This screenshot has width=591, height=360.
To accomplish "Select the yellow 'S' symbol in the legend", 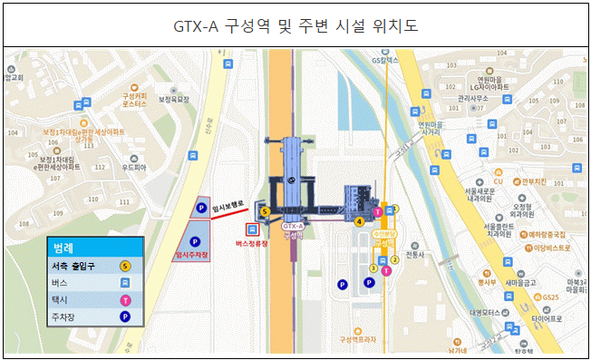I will [125, 267].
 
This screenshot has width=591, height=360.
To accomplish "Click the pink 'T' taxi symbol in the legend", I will [125, 299].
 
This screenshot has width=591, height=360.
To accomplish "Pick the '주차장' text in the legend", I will [67, 316].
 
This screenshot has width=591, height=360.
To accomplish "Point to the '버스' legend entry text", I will [60, 283].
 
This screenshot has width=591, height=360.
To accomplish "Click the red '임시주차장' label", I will [192, 257].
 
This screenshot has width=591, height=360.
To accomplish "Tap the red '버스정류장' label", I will [252, 244].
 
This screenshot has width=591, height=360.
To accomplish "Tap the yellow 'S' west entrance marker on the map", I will [265, 211].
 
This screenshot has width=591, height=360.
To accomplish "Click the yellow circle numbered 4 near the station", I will [360, 220].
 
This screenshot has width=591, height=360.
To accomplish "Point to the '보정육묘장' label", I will [172, 101].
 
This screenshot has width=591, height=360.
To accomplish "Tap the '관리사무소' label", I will [473, 97].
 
